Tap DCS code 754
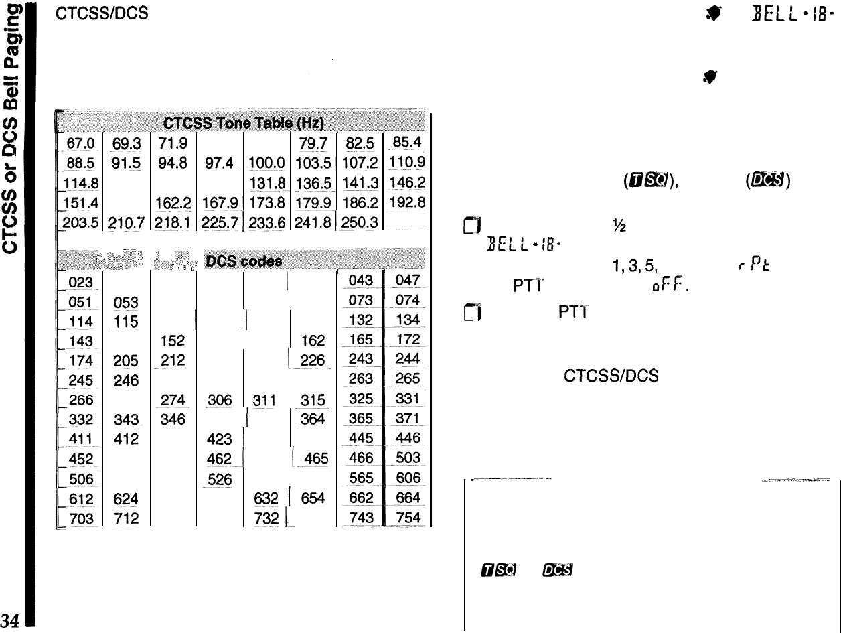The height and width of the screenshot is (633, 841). click(x=408, y=518)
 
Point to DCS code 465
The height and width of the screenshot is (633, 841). click(x=315, y=459)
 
